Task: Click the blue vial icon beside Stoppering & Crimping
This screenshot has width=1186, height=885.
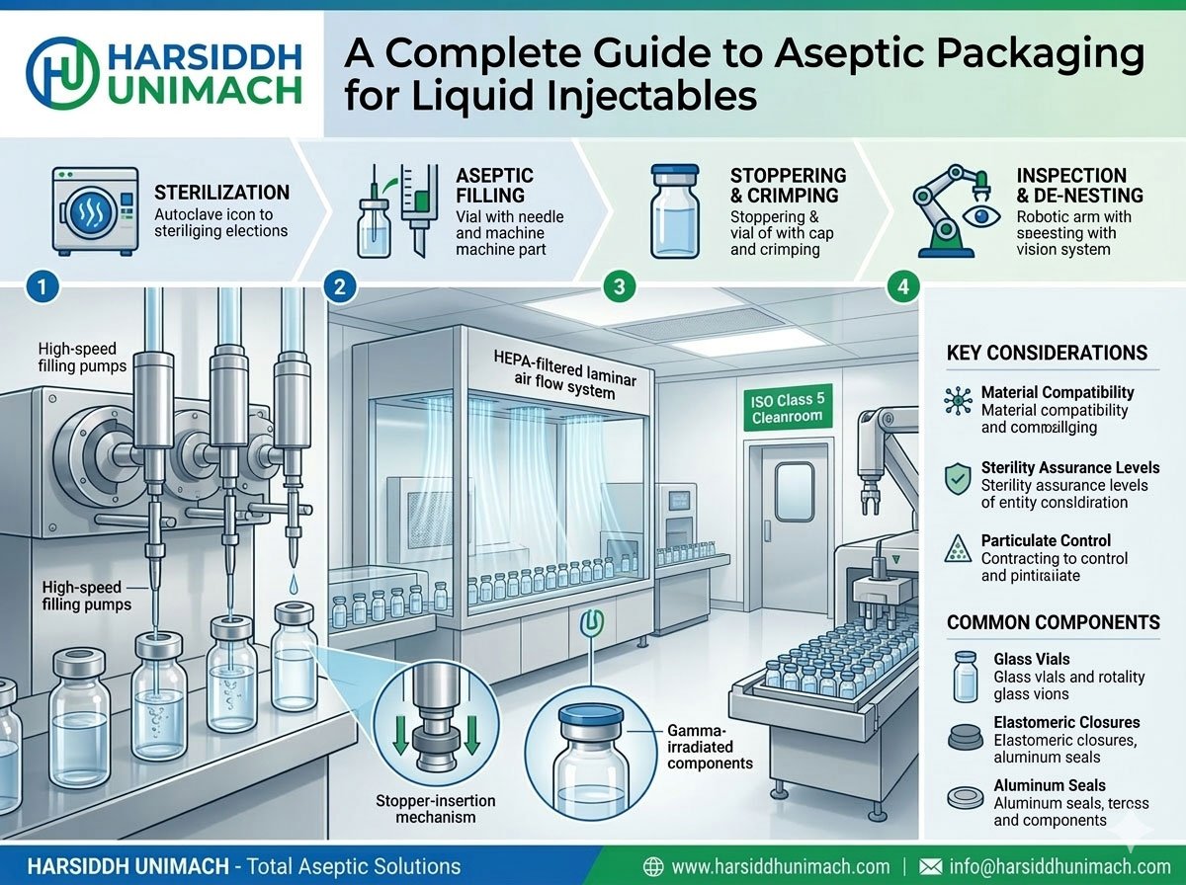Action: click(675, 209)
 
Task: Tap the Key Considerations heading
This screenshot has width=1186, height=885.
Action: click(1047, 354)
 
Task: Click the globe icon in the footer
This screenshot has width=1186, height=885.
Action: click(653, 866)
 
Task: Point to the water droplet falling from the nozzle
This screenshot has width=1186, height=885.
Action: click(296, 587)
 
